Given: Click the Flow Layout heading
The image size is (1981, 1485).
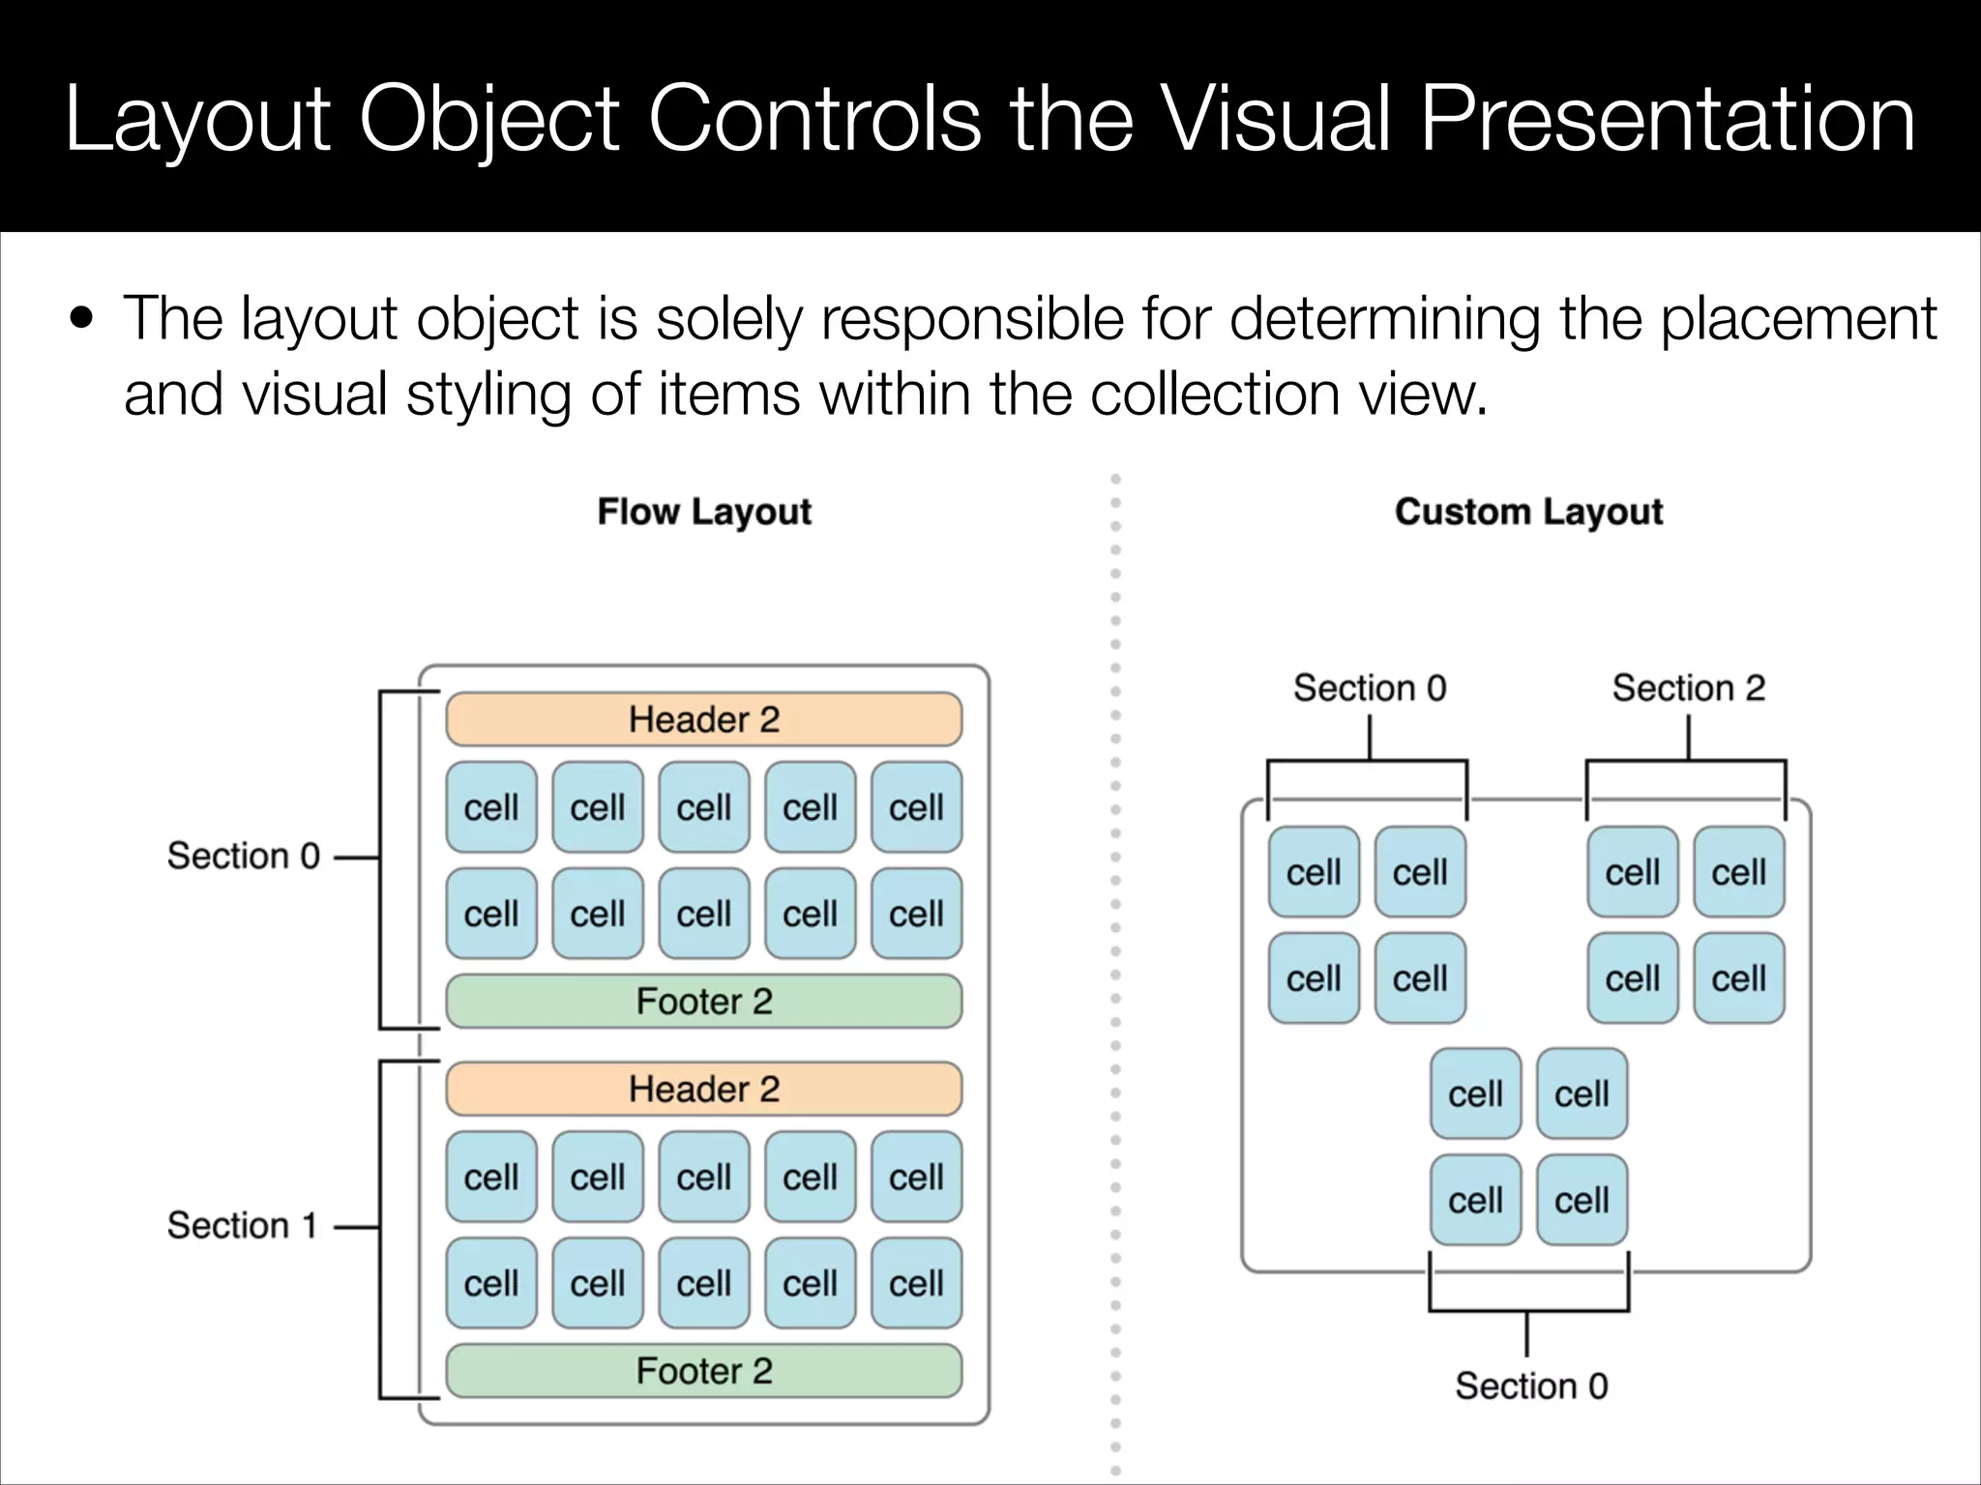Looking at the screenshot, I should click(703, 511).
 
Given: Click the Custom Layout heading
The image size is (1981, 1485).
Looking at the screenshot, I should click(1528, 511).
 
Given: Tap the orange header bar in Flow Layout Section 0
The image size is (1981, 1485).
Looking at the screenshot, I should click(703, 719).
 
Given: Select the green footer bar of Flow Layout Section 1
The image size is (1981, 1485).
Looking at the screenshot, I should click(703, 1371).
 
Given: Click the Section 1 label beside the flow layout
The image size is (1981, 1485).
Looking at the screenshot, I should click(242, 1226).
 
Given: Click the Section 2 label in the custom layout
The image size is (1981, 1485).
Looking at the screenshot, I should click(1688, 688).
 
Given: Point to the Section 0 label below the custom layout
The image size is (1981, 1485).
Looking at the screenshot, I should click(1531, 1386).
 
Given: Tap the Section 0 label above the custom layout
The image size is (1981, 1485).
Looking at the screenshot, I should click(1370, 688).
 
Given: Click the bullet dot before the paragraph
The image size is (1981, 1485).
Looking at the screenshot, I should click(81, 319).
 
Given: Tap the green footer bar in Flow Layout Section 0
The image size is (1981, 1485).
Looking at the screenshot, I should click(703, 1002).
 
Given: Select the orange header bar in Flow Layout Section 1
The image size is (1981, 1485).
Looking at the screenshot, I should click(703, 1090).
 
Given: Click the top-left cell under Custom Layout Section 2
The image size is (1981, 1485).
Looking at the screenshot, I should click(1633, 872).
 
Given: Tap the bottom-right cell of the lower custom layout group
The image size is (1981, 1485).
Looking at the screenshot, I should click(1582, 1200).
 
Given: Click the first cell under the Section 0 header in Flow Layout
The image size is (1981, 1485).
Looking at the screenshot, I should click(491, 807).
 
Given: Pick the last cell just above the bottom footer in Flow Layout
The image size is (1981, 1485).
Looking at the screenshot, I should click(916, 1283).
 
